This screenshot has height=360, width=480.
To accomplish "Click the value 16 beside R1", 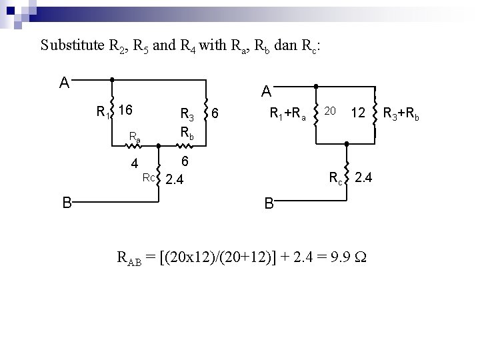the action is pos(127,109).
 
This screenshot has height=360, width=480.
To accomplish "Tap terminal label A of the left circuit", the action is pos(64,83).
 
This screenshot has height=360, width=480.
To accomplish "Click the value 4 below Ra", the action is pos(134,163).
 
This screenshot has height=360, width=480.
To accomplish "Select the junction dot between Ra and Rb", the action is pos(158,145).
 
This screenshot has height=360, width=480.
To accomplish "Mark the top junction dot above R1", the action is pos(111,79).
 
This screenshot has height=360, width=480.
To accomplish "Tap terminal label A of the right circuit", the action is pos(266,90).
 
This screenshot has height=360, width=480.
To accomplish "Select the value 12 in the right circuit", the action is pos(359,113).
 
